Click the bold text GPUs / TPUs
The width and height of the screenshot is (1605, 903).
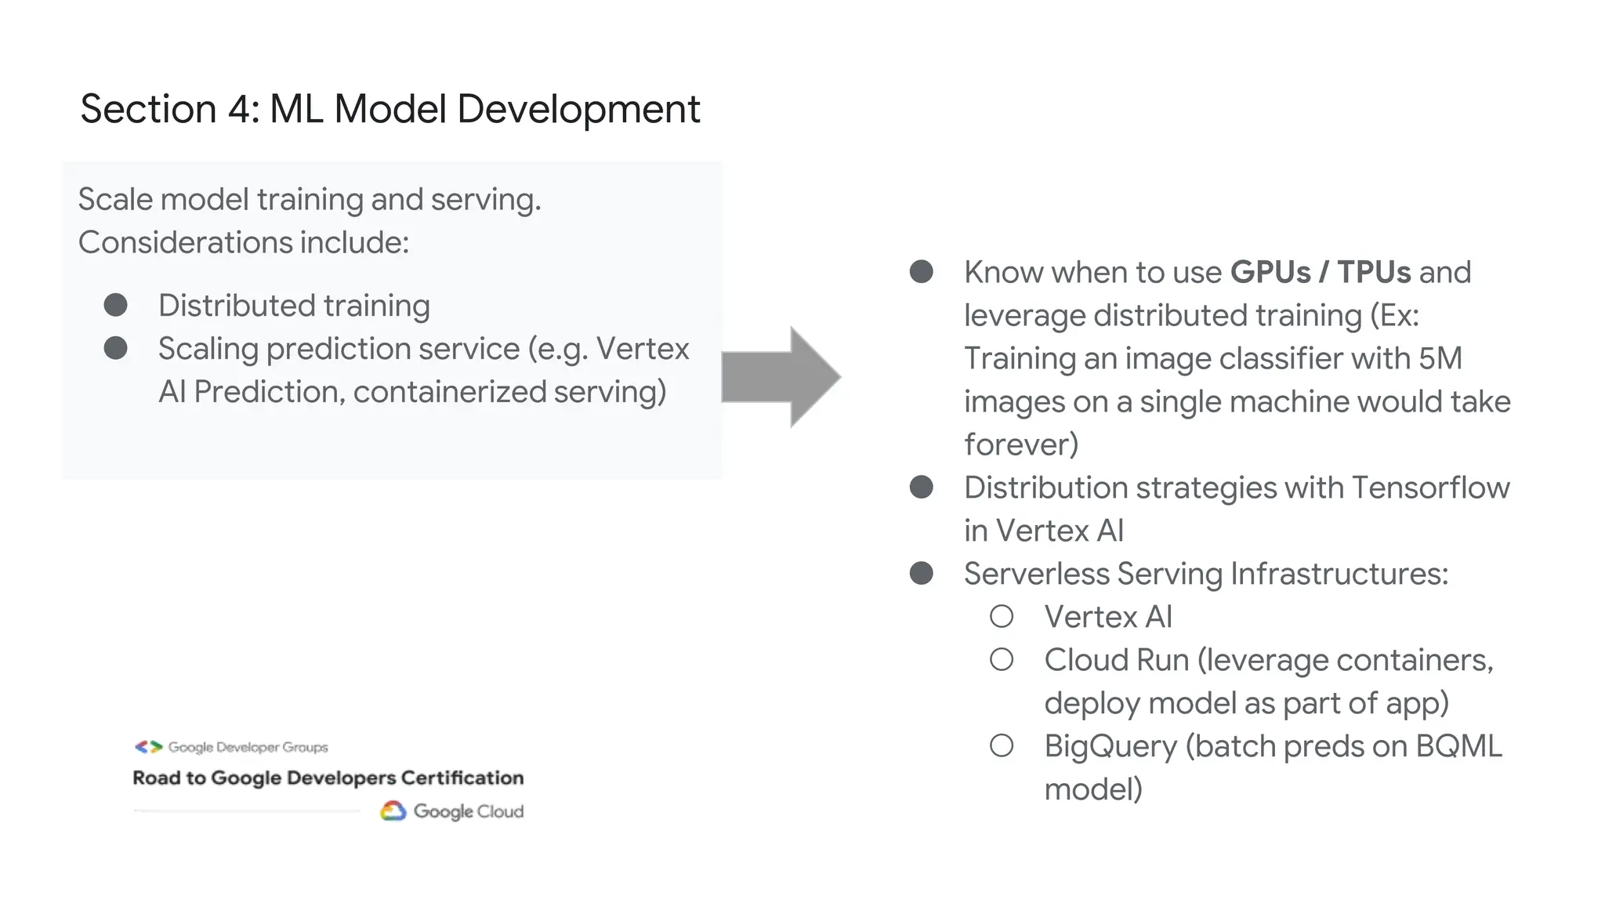tap(1320, 272)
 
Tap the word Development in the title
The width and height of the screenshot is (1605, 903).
tap(578, 109)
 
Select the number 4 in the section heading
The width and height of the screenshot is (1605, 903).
tap(238, 109)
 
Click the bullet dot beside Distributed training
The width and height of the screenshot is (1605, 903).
tap(116, 305)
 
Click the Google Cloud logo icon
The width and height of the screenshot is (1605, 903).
tap(393, 811)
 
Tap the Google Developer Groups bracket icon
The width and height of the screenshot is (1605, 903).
tap(148, 747)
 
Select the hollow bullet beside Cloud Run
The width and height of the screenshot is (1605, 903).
tap(1002, 659)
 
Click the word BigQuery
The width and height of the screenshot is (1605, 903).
tap(1110, 746)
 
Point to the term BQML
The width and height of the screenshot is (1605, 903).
tap(1458, 746)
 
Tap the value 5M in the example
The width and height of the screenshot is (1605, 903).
tap(1440, 358)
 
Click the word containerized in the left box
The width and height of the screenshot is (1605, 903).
tap(450, 392)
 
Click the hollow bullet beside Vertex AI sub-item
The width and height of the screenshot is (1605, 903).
tap(1002, 616)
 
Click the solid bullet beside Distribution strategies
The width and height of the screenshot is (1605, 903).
tap(922, 487)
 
